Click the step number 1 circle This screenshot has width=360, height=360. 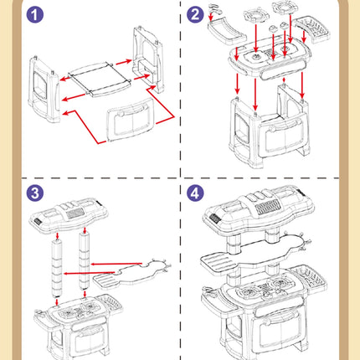pos(35,14)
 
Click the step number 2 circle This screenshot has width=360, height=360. pos(195,14)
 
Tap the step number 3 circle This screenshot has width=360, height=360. pos(35,193)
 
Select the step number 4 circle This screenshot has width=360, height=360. pos(195,193)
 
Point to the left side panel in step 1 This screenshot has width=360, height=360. pos(44,89)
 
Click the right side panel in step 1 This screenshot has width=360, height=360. pos(147,59)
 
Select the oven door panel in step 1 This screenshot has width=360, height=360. pos(131,120)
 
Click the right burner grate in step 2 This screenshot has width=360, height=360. pos(284,7)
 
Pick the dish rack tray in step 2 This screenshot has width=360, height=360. pos(313,29)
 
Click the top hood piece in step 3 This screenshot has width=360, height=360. pos(69,215)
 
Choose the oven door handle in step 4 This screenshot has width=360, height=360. pos(280,319)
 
